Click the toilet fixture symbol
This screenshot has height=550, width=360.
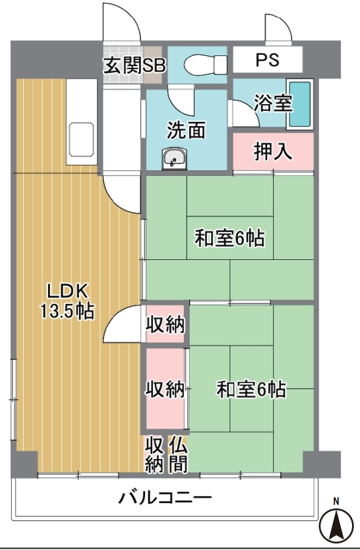(x=206, y=65)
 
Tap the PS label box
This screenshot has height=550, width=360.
(x=268, y=59)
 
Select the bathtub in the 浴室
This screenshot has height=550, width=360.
(x=300, y=105)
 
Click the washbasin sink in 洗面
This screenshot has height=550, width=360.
(x=174, y=158)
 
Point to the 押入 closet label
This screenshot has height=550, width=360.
(x=273, y=152)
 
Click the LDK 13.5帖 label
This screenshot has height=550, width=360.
(x=67, y=301)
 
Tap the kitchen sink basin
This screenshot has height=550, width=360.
(x=81, y=139)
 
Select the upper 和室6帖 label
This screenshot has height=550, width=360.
(x=229, y=238)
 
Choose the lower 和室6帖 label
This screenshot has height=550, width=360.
(x=251, y=389)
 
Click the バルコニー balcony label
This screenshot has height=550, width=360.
(x=165, y=497)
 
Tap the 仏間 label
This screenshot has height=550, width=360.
(x=178, y=454)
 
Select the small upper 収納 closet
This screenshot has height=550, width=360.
(x=165, y=324)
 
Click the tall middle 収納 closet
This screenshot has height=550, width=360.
(x=165, y=388)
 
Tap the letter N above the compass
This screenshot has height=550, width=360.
(x=336, y=501)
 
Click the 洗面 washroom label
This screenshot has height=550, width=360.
(x=186, y=130)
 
